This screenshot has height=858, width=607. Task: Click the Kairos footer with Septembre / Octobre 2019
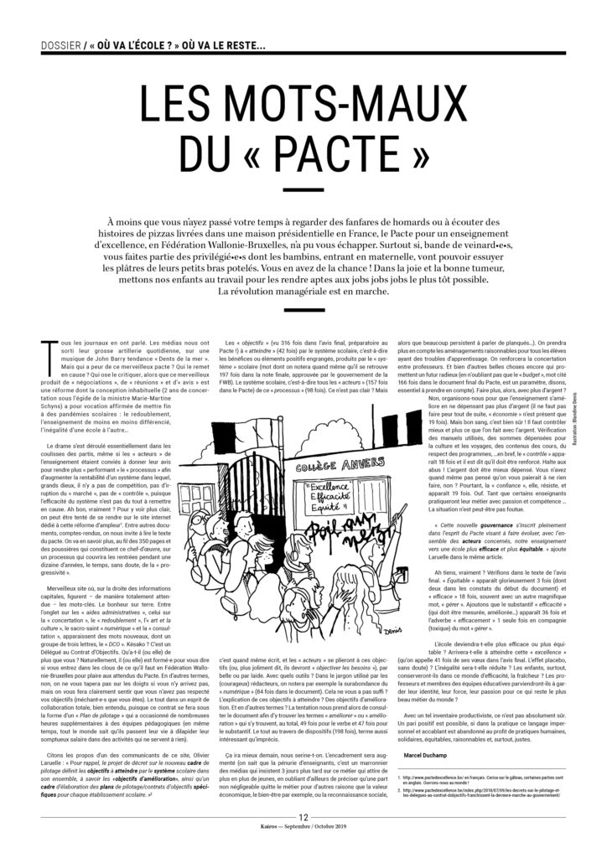pyautogui.click(x=303, y=847)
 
